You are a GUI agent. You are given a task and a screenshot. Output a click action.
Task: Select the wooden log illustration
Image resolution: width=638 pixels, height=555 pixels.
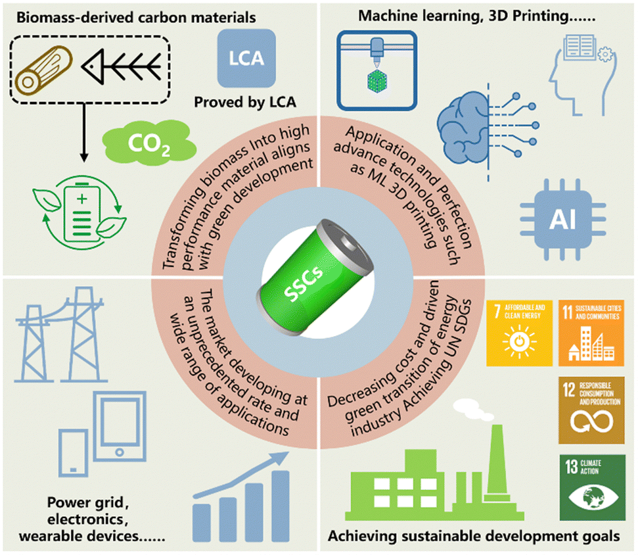(x=40, y=70)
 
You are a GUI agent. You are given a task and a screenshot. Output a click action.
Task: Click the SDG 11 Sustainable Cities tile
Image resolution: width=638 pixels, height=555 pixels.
(x=589, y=333)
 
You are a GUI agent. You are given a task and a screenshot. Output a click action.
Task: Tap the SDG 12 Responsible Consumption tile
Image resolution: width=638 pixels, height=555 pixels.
(x=589, y=410)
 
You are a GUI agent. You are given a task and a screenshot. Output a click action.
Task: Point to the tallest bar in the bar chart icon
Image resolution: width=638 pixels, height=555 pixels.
(x=281, y=504)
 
